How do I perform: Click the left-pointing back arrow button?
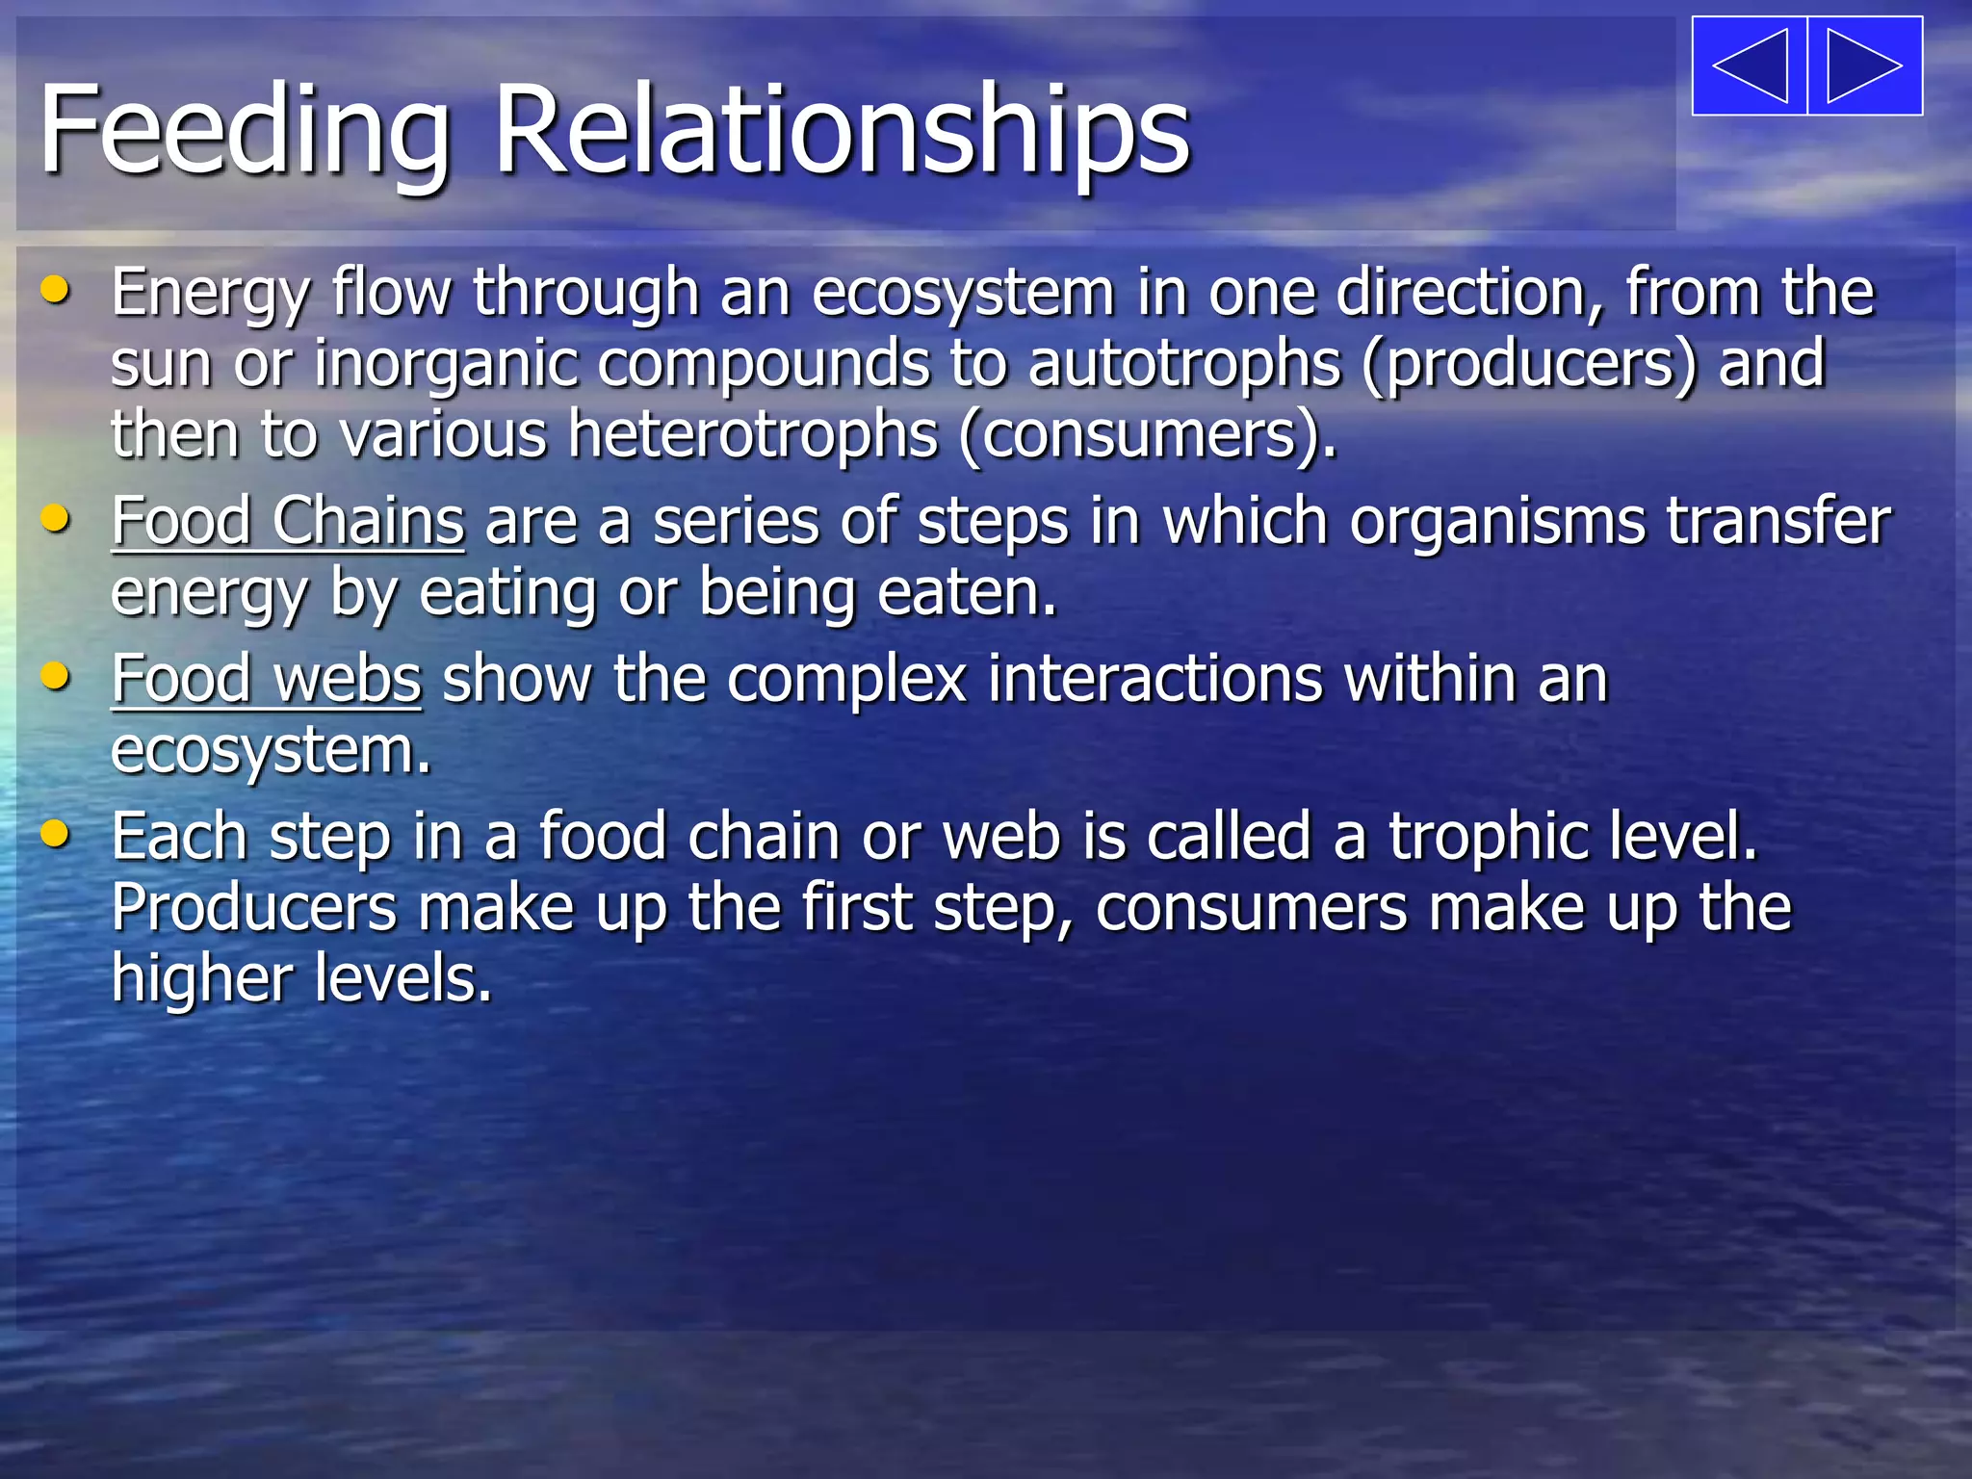tap(1750, 65)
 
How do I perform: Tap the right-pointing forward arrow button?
tap(1865, 65)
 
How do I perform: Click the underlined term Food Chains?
tap(288, 523)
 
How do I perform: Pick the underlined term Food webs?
tap(266, 681)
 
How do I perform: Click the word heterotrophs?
tap(752, 435)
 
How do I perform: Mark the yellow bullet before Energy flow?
tap(56, 290)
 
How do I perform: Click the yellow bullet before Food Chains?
tap(56, 520)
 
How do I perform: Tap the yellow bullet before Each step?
tap(56, 834)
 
